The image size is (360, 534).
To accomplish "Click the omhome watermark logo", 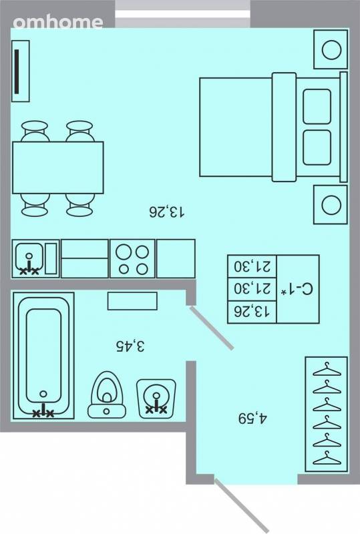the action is pos(58,23).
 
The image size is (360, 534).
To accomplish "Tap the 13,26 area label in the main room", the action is pos(167,212).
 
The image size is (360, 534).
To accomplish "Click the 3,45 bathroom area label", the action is pos(130,346).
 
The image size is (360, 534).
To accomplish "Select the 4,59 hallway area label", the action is pos(252,419).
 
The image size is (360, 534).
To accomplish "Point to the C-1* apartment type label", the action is pos(297,290).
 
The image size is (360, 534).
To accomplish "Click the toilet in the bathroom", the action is pos(107,395).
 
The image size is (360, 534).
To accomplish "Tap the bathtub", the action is pos(43,356).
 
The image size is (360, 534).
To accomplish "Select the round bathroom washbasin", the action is pos(156,398).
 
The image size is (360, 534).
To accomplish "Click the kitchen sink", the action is pos(29,258).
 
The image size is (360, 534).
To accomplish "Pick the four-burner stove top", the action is pos(132,258).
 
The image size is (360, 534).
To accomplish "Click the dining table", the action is pos(58,168).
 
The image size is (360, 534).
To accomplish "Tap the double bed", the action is pos(273,127).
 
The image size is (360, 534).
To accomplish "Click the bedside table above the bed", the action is pos(331,49).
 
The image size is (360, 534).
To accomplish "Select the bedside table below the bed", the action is pos(331,205).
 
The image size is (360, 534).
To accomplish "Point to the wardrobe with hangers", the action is pos(326,414).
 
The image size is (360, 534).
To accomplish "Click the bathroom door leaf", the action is pos(212,328).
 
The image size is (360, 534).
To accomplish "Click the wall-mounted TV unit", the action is pos(21,71).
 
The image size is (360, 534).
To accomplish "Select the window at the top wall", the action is pos(183,14).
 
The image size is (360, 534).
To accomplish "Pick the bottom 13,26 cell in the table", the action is pos(252,312).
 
